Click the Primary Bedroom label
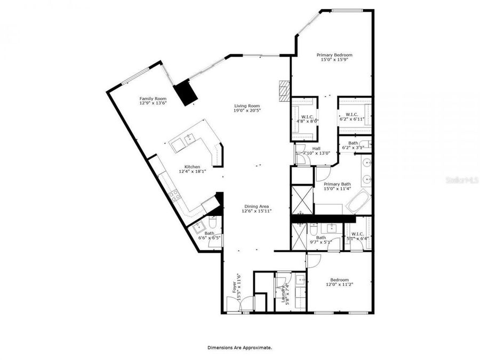point(334,55)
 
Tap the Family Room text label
point(153,99)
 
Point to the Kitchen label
point(192,166)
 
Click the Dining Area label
point(257,206)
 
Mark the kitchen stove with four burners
point(174,196)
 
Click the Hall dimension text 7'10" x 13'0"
point(316,154)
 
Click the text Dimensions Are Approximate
point(239,347)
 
